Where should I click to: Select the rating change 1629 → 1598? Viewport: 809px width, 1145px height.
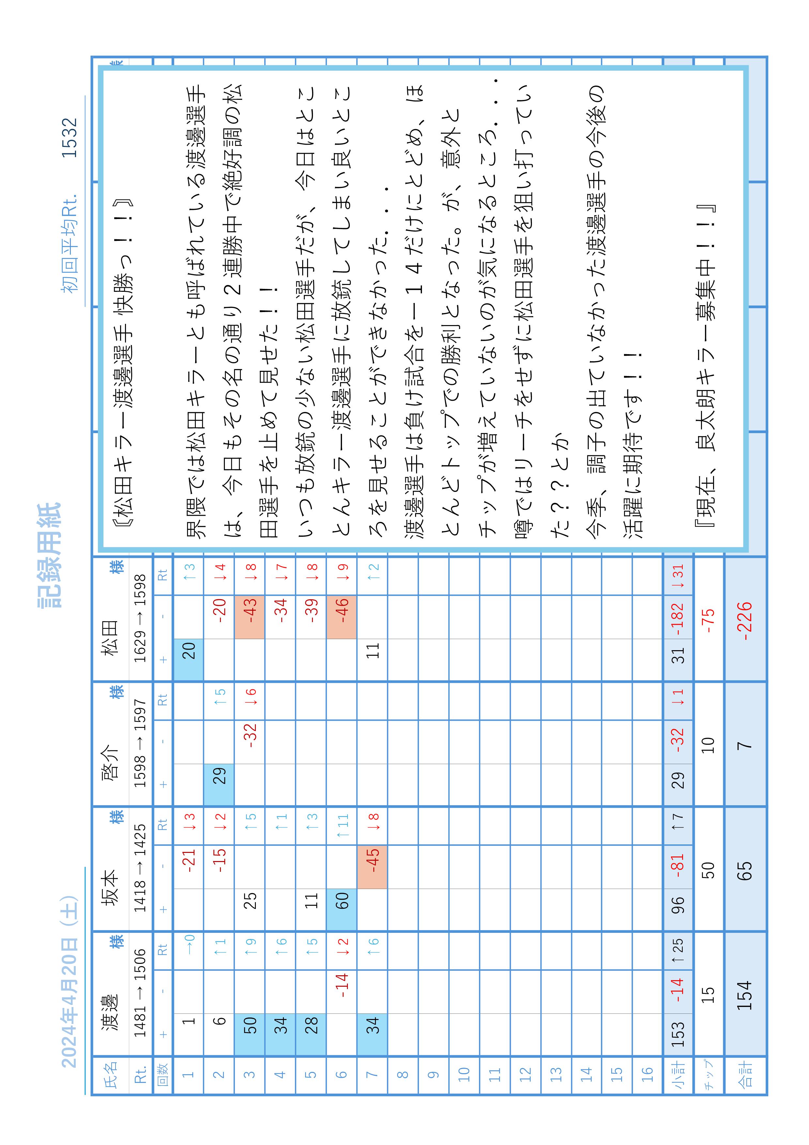(x=141, y=619)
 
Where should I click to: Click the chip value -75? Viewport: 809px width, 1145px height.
(x=708, y=617)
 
